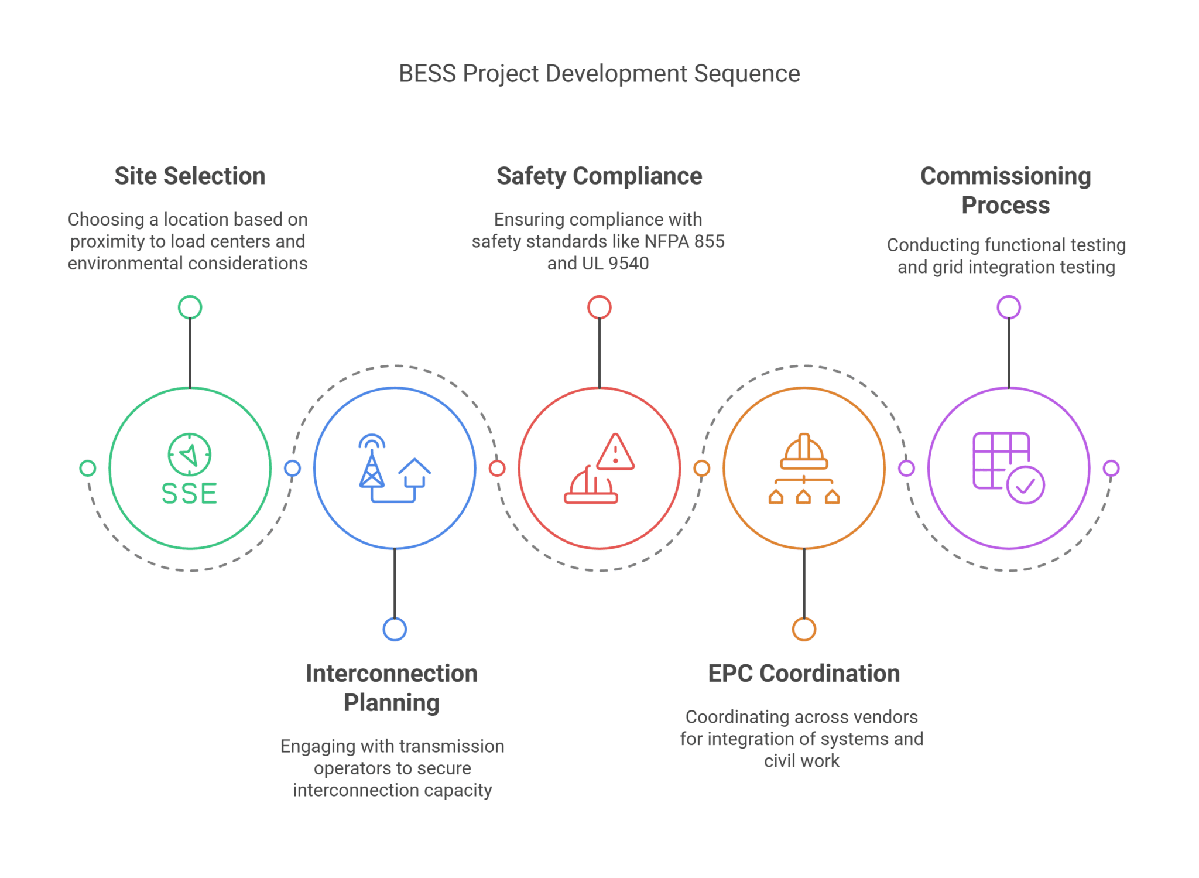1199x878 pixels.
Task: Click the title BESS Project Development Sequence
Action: (599, 74)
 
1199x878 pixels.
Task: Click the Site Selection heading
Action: (190, 176)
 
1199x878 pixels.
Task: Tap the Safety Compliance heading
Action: (599, 176)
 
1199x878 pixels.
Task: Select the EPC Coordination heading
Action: (804, 674)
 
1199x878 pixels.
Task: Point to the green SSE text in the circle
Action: (189, 494)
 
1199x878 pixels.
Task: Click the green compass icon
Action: (190, 454)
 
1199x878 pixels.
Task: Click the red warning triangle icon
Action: (615, 452)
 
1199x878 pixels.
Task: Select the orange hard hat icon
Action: (804, 452)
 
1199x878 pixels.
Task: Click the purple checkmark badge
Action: (1026, 485)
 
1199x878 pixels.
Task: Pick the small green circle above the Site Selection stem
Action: (190, 307)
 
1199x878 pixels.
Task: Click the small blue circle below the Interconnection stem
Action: (395, 629)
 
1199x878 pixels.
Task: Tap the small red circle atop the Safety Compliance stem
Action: (599, 307)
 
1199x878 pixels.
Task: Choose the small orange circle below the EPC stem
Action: (804, 629)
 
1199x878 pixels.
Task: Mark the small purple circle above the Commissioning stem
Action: (1008, 307)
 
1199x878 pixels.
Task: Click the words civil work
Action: (801, 761)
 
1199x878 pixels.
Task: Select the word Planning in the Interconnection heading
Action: (391, 703)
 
